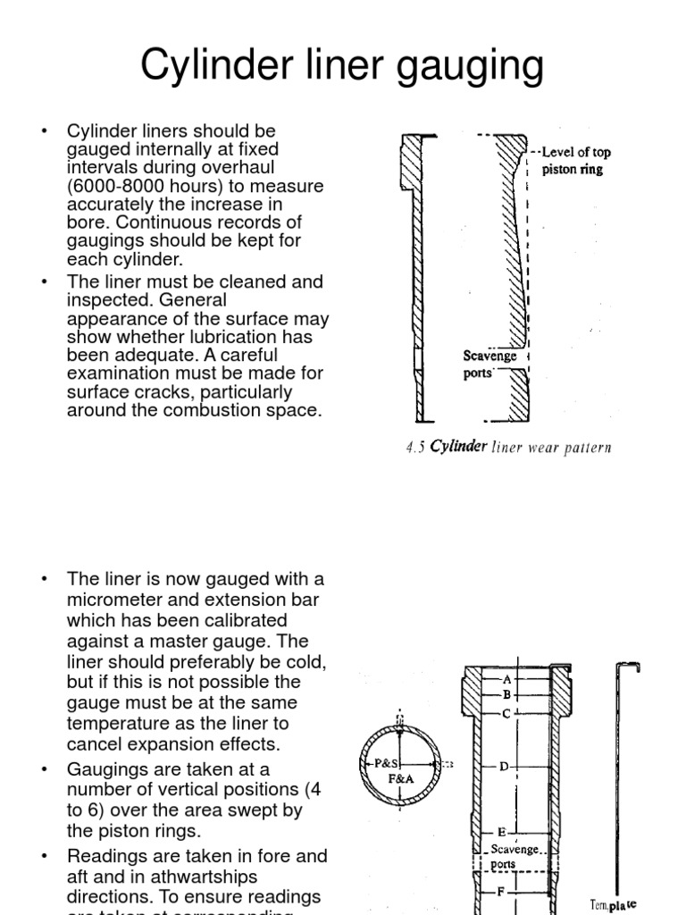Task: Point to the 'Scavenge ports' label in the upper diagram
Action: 489,365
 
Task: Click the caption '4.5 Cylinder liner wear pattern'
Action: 508,448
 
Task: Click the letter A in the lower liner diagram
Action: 507,679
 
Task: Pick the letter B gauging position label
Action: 506,694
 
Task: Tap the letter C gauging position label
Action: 506,713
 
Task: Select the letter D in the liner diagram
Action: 504,767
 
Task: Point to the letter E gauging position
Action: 501,832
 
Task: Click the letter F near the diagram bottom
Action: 501,891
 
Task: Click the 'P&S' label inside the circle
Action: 386,764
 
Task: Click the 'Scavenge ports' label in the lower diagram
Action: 515,856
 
